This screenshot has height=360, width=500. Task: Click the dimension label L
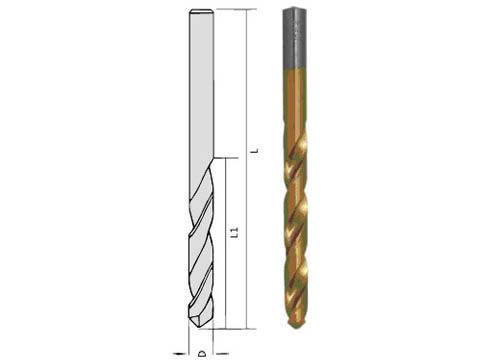click(256, 150)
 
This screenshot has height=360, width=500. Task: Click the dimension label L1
click(235, 232)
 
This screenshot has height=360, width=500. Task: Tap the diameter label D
click(202, 353)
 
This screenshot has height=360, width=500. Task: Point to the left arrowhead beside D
click(179, 353)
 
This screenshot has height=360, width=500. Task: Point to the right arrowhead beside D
click(221, 353)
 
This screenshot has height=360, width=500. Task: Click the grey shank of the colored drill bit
click(295, 39)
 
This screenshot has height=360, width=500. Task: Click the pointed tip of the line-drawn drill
click(199, 327)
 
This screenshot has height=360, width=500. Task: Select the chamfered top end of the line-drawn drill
click(201, 12)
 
